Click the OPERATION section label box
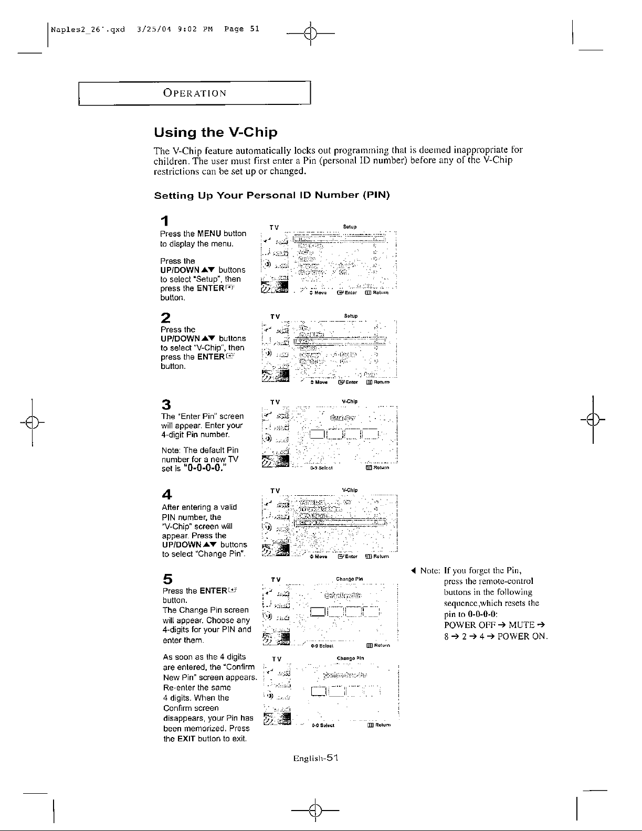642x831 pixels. (195, 93)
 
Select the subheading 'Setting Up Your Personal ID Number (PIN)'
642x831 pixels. (271, 196)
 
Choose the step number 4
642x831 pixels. (166, 494)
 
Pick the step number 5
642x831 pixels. (166, 579)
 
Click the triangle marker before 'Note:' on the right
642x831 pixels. (414, 571)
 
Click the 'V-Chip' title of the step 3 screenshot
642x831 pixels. (350, 402)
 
